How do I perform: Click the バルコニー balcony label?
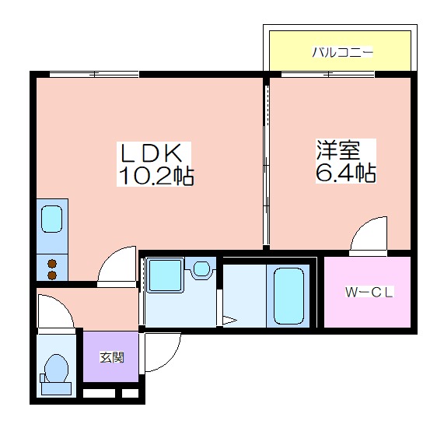click(342, 52)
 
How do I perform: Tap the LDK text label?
click(152, 153)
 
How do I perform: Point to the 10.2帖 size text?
click(156, 175)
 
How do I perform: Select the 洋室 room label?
click(337, 150)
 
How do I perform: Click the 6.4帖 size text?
click(346, 172)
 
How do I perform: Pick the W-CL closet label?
click(369, 293)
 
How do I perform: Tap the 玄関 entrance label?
click(112, 357)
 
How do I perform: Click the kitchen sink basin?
click(51, 219)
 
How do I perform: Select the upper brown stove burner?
click(52, 264)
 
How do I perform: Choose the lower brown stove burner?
click(52, 275)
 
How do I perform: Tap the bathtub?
click(288, 296)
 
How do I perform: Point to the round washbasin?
click(201, 268)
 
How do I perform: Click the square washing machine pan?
click(165, 275)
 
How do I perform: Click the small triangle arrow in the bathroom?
click(229, 321)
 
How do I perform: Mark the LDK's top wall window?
click(94, 74)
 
